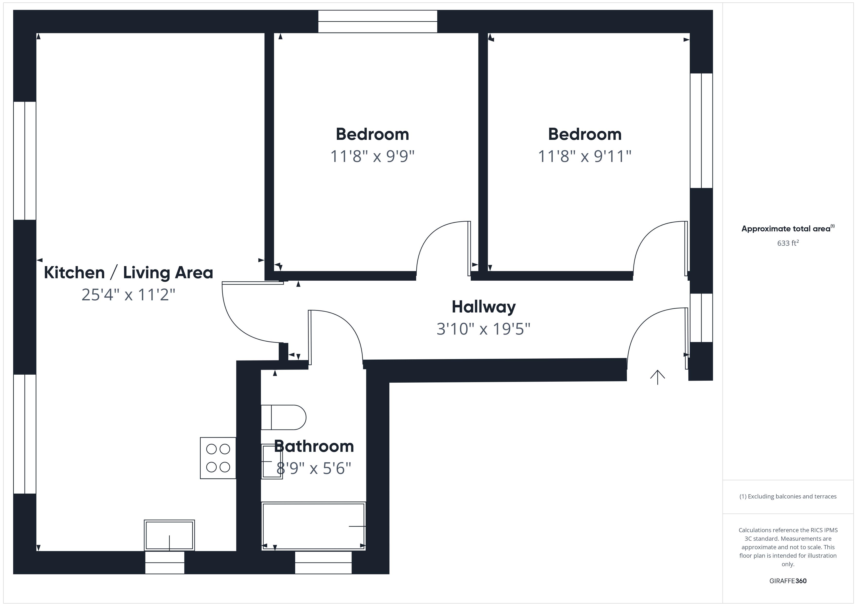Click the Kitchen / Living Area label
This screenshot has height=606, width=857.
point(129,273)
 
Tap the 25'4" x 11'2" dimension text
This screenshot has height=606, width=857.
point(129,295)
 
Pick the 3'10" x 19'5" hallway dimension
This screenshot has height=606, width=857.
point(483,329)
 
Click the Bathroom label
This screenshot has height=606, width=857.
point(314,446)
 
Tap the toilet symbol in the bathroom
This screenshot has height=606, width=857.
point(284,417)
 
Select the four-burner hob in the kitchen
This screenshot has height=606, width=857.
point(218,458)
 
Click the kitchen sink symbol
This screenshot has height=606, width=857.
point(170,535)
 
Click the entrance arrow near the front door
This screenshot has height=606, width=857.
point(657,377)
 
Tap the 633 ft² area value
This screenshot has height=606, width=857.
point(788,243)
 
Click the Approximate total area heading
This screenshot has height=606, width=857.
point(788,229)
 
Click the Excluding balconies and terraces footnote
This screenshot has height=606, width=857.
point(788,496)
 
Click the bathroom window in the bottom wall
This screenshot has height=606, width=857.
point(323,562)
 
